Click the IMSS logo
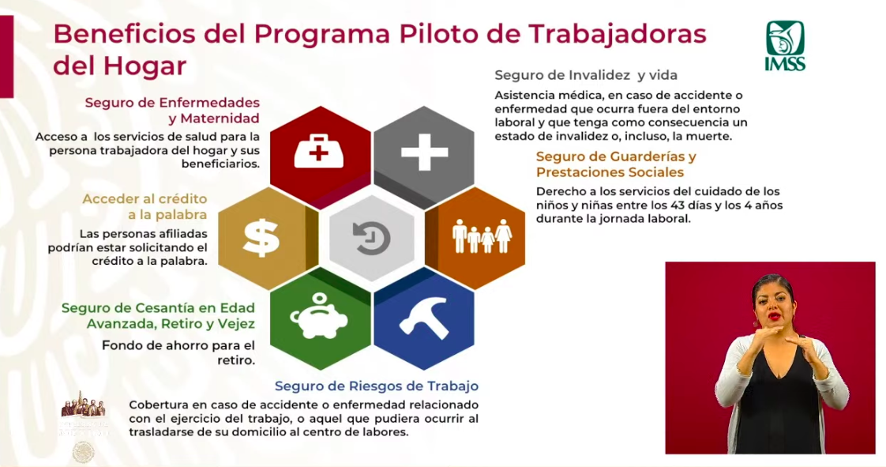(x=784, y=46)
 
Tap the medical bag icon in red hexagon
(x=318, y=150)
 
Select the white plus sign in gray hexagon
(x=424, y=151)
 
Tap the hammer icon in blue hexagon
(x=423, y=318)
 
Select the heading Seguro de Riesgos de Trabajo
(x=377, y=386)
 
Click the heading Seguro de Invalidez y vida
(x=586, y=75)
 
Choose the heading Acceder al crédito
(x=145, y=198)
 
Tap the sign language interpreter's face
(x=771, y=303)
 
